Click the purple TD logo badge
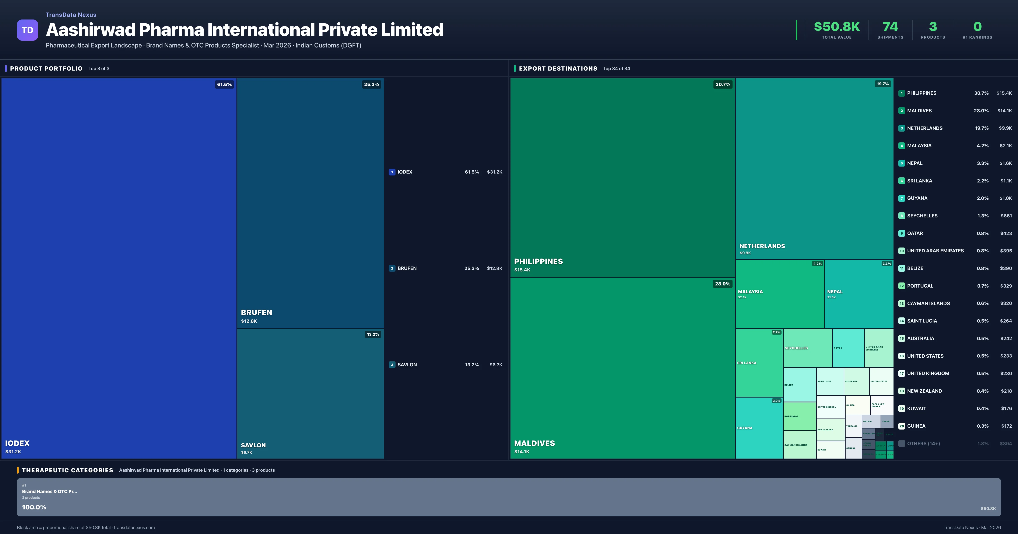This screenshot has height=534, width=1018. [x=27, y=30]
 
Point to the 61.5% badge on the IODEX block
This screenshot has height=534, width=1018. [x=224, y=85]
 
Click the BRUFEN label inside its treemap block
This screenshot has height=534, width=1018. [x=256, y=312]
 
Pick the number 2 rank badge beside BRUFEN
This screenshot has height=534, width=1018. [x=392, y=268]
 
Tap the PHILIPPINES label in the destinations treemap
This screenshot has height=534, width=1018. [x=538, y=261]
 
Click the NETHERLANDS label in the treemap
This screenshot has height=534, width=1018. [x=762, y=246]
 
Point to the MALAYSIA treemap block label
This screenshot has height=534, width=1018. [x=750, y=292]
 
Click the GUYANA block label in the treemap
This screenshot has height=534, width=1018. [x=745, y=428]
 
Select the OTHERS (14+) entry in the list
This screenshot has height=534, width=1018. [x=923, y=444]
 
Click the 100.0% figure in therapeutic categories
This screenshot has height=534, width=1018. [x=34, y=507]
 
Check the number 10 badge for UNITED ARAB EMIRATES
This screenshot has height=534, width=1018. [x=901, y=251]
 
